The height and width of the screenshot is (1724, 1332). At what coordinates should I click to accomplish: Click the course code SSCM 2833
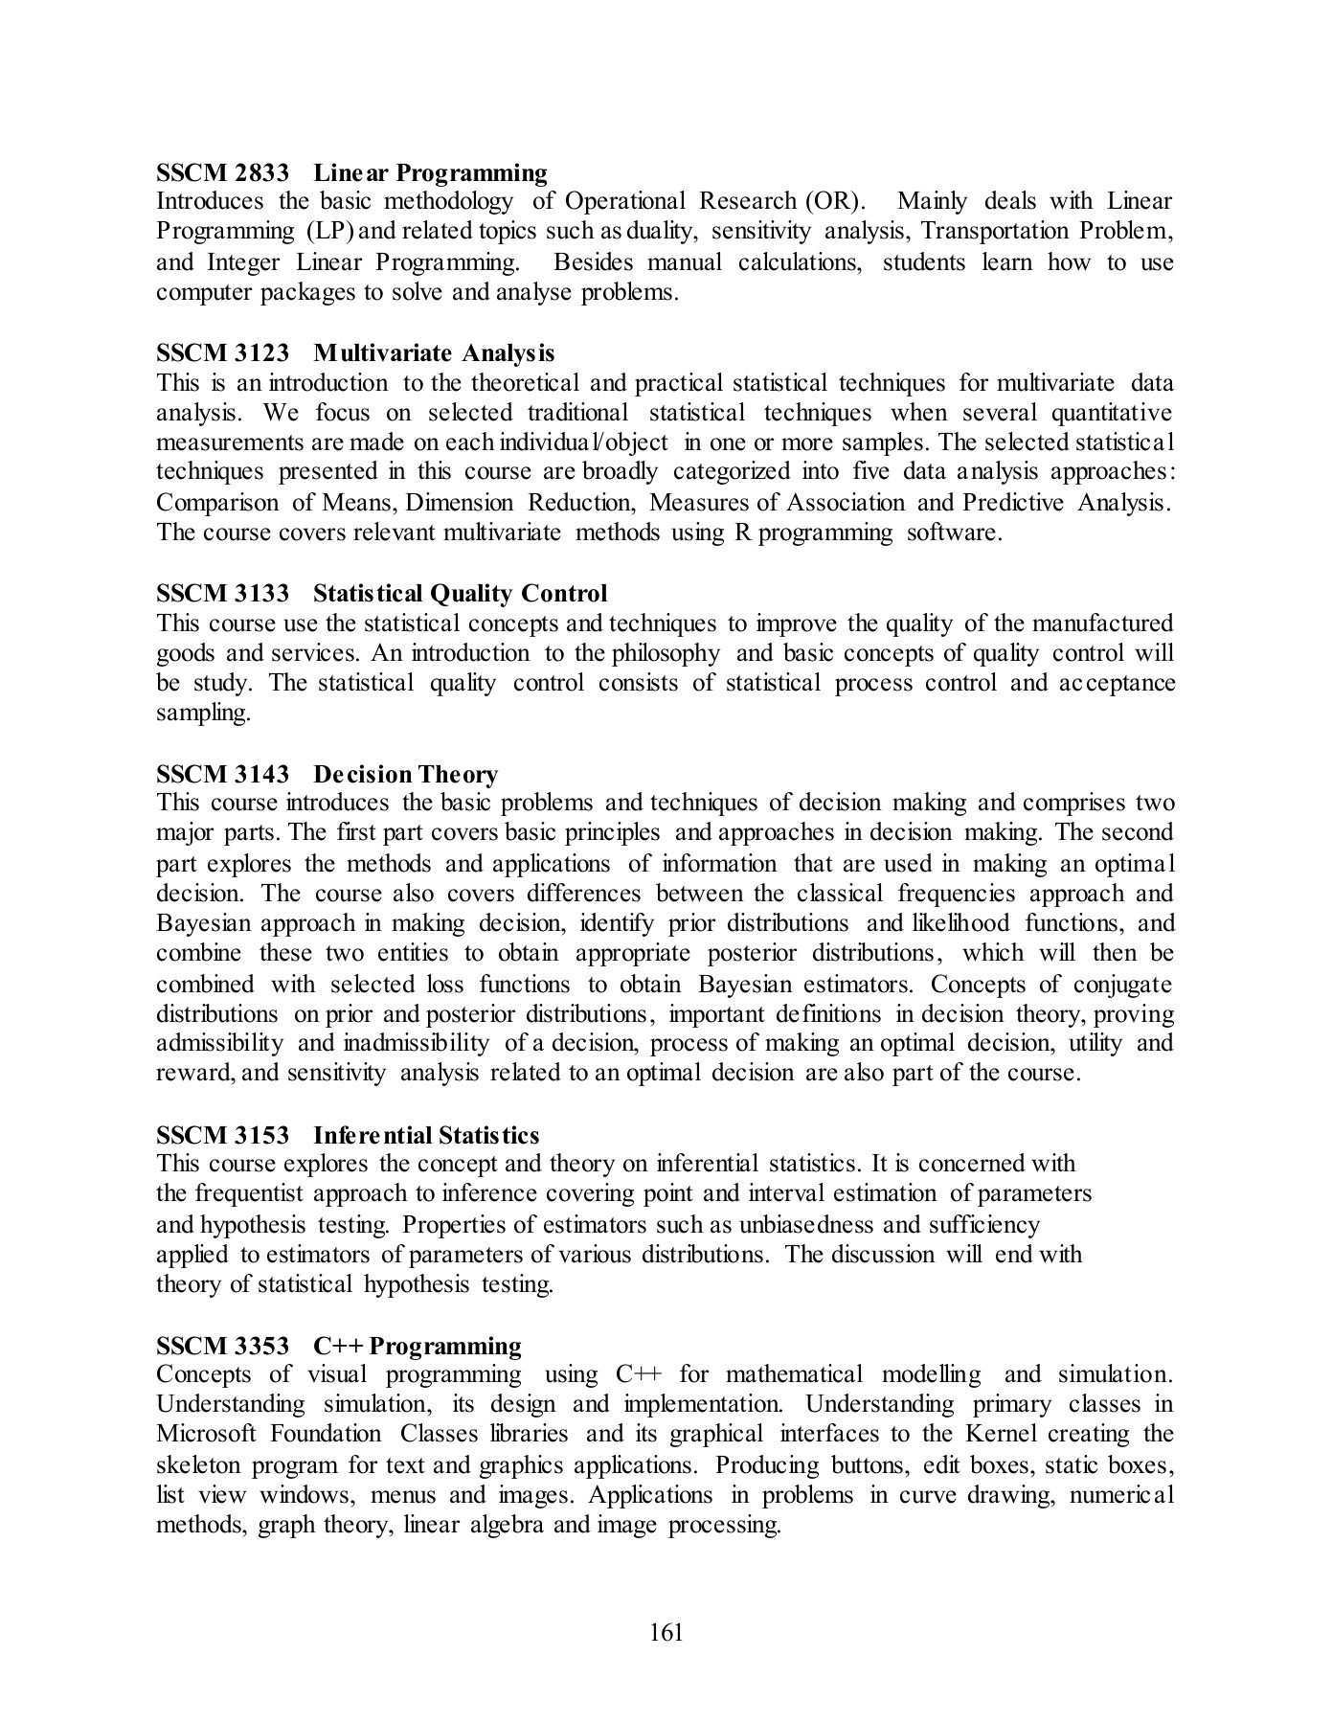point(222,173)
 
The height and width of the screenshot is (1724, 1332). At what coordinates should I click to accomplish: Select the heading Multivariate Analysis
point(433,353)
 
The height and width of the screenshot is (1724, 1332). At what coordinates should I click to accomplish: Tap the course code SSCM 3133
point(222,594)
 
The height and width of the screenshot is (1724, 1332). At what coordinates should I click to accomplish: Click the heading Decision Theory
point(405,774)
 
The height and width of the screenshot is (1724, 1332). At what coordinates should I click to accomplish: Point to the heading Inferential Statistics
point(426,1135)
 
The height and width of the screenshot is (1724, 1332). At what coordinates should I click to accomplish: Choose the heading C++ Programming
point(418,1346)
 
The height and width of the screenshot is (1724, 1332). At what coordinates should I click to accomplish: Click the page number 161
point(666,1632)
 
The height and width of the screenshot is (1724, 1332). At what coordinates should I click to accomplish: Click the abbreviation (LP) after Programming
point(330,232)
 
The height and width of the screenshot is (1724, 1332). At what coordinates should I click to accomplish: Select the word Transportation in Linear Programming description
point(995,232)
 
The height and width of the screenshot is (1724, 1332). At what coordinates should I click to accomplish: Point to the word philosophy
point(666,653)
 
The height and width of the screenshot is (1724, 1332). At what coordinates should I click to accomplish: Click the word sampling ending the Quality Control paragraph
point(203,714)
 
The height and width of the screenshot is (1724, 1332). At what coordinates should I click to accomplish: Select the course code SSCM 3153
point(222,1135)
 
